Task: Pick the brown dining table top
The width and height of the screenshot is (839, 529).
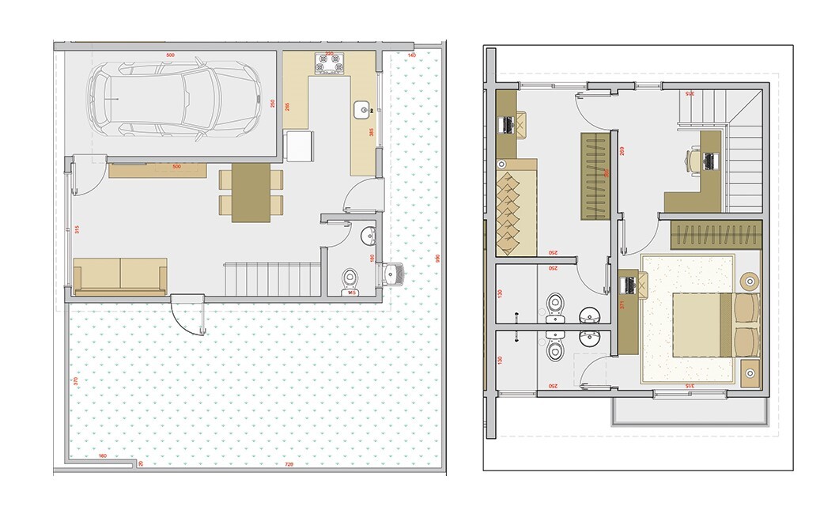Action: point(251,191)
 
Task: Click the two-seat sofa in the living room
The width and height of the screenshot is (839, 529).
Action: point(120,275)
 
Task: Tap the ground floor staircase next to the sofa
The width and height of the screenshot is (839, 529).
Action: point(273,279)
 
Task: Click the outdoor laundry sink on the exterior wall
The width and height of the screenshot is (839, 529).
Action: point(395,274)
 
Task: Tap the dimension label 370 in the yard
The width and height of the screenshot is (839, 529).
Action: point(76,381)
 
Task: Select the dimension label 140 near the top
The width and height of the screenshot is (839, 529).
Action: point(412,55)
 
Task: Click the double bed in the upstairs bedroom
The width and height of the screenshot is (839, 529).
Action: point(704,323)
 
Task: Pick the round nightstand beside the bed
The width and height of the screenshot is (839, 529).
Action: point(748,279)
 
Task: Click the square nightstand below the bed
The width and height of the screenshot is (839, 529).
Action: point(751,371)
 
